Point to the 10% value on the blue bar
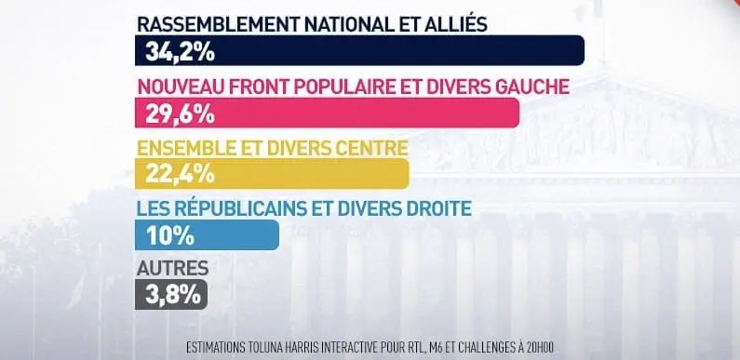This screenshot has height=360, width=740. click(163, 235)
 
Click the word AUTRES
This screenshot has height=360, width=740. click(172, 270)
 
